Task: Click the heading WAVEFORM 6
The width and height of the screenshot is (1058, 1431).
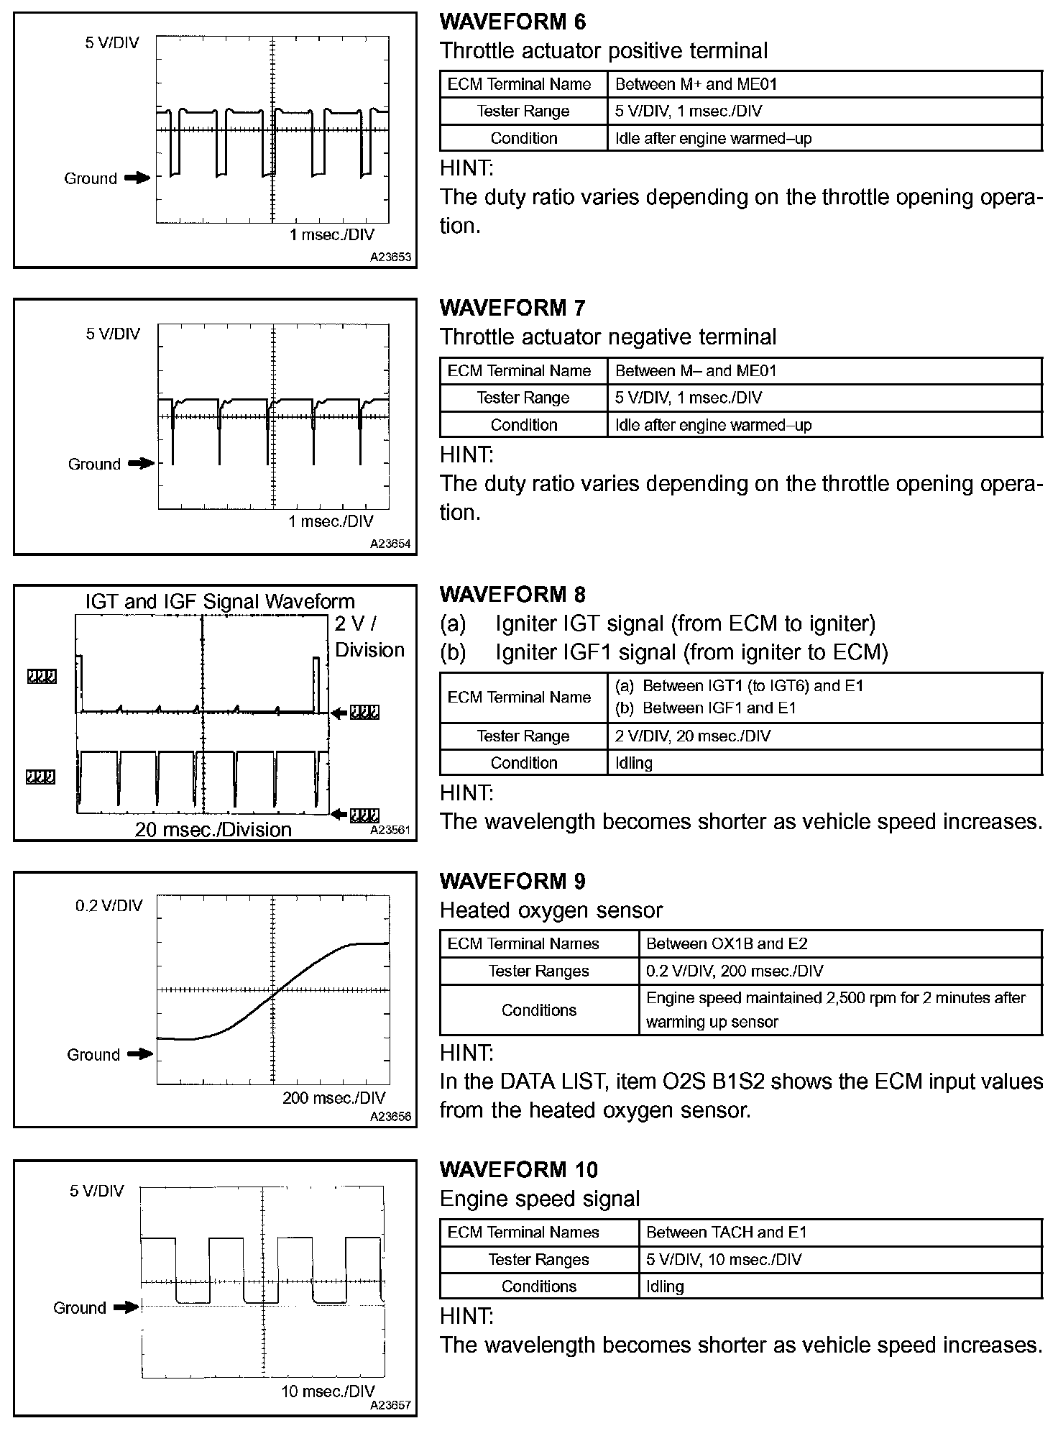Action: coord(512,22)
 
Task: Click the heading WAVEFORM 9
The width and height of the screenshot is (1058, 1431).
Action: coord(512,881)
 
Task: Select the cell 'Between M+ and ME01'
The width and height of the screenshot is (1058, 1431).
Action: coord(696,84)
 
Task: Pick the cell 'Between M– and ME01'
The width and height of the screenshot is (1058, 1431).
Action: coord(696,371)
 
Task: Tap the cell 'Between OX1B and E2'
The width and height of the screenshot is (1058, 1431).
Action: coord(727,943)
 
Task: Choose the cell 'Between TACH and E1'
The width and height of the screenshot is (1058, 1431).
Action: coord(727,1232)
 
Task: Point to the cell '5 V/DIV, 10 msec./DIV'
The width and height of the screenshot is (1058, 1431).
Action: coord(724,1259)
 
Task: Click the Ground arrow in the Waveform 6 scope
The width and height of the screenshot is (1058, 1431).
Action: coord(137,178)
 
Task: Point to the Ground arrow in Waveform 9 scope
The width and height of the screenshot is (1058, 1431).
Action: coord(140,1054)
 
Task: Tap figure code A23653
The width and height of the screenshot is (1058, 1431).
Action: coord(391,257)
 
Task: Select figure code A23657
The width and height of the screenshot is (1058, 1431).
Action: coord(391,1404)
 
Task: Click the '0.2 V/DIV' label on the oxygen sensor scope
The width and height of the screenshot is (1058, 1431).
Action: coord(109,905)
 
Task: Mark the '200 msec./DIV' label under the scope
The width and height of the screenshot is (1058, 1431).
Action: coord(333,1098)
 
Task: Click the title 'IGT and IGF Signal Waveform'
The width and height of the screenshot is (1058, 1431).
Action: coord(220,601)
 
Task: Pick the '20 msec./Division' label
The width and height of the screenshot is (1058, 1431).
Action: coord(213,829)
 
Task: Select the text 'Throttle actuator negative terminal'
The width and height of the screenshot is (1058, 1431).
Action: coord(608,337)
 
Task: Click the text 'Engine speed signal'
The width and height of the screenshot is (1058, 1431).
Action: coord(540,1199)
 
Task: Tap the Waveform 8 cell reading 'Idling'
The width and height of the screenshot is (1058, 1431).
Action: coord(634,763)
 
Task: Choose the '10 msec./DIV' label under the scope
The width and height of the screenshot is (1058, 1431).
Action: coord(328,1391)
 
